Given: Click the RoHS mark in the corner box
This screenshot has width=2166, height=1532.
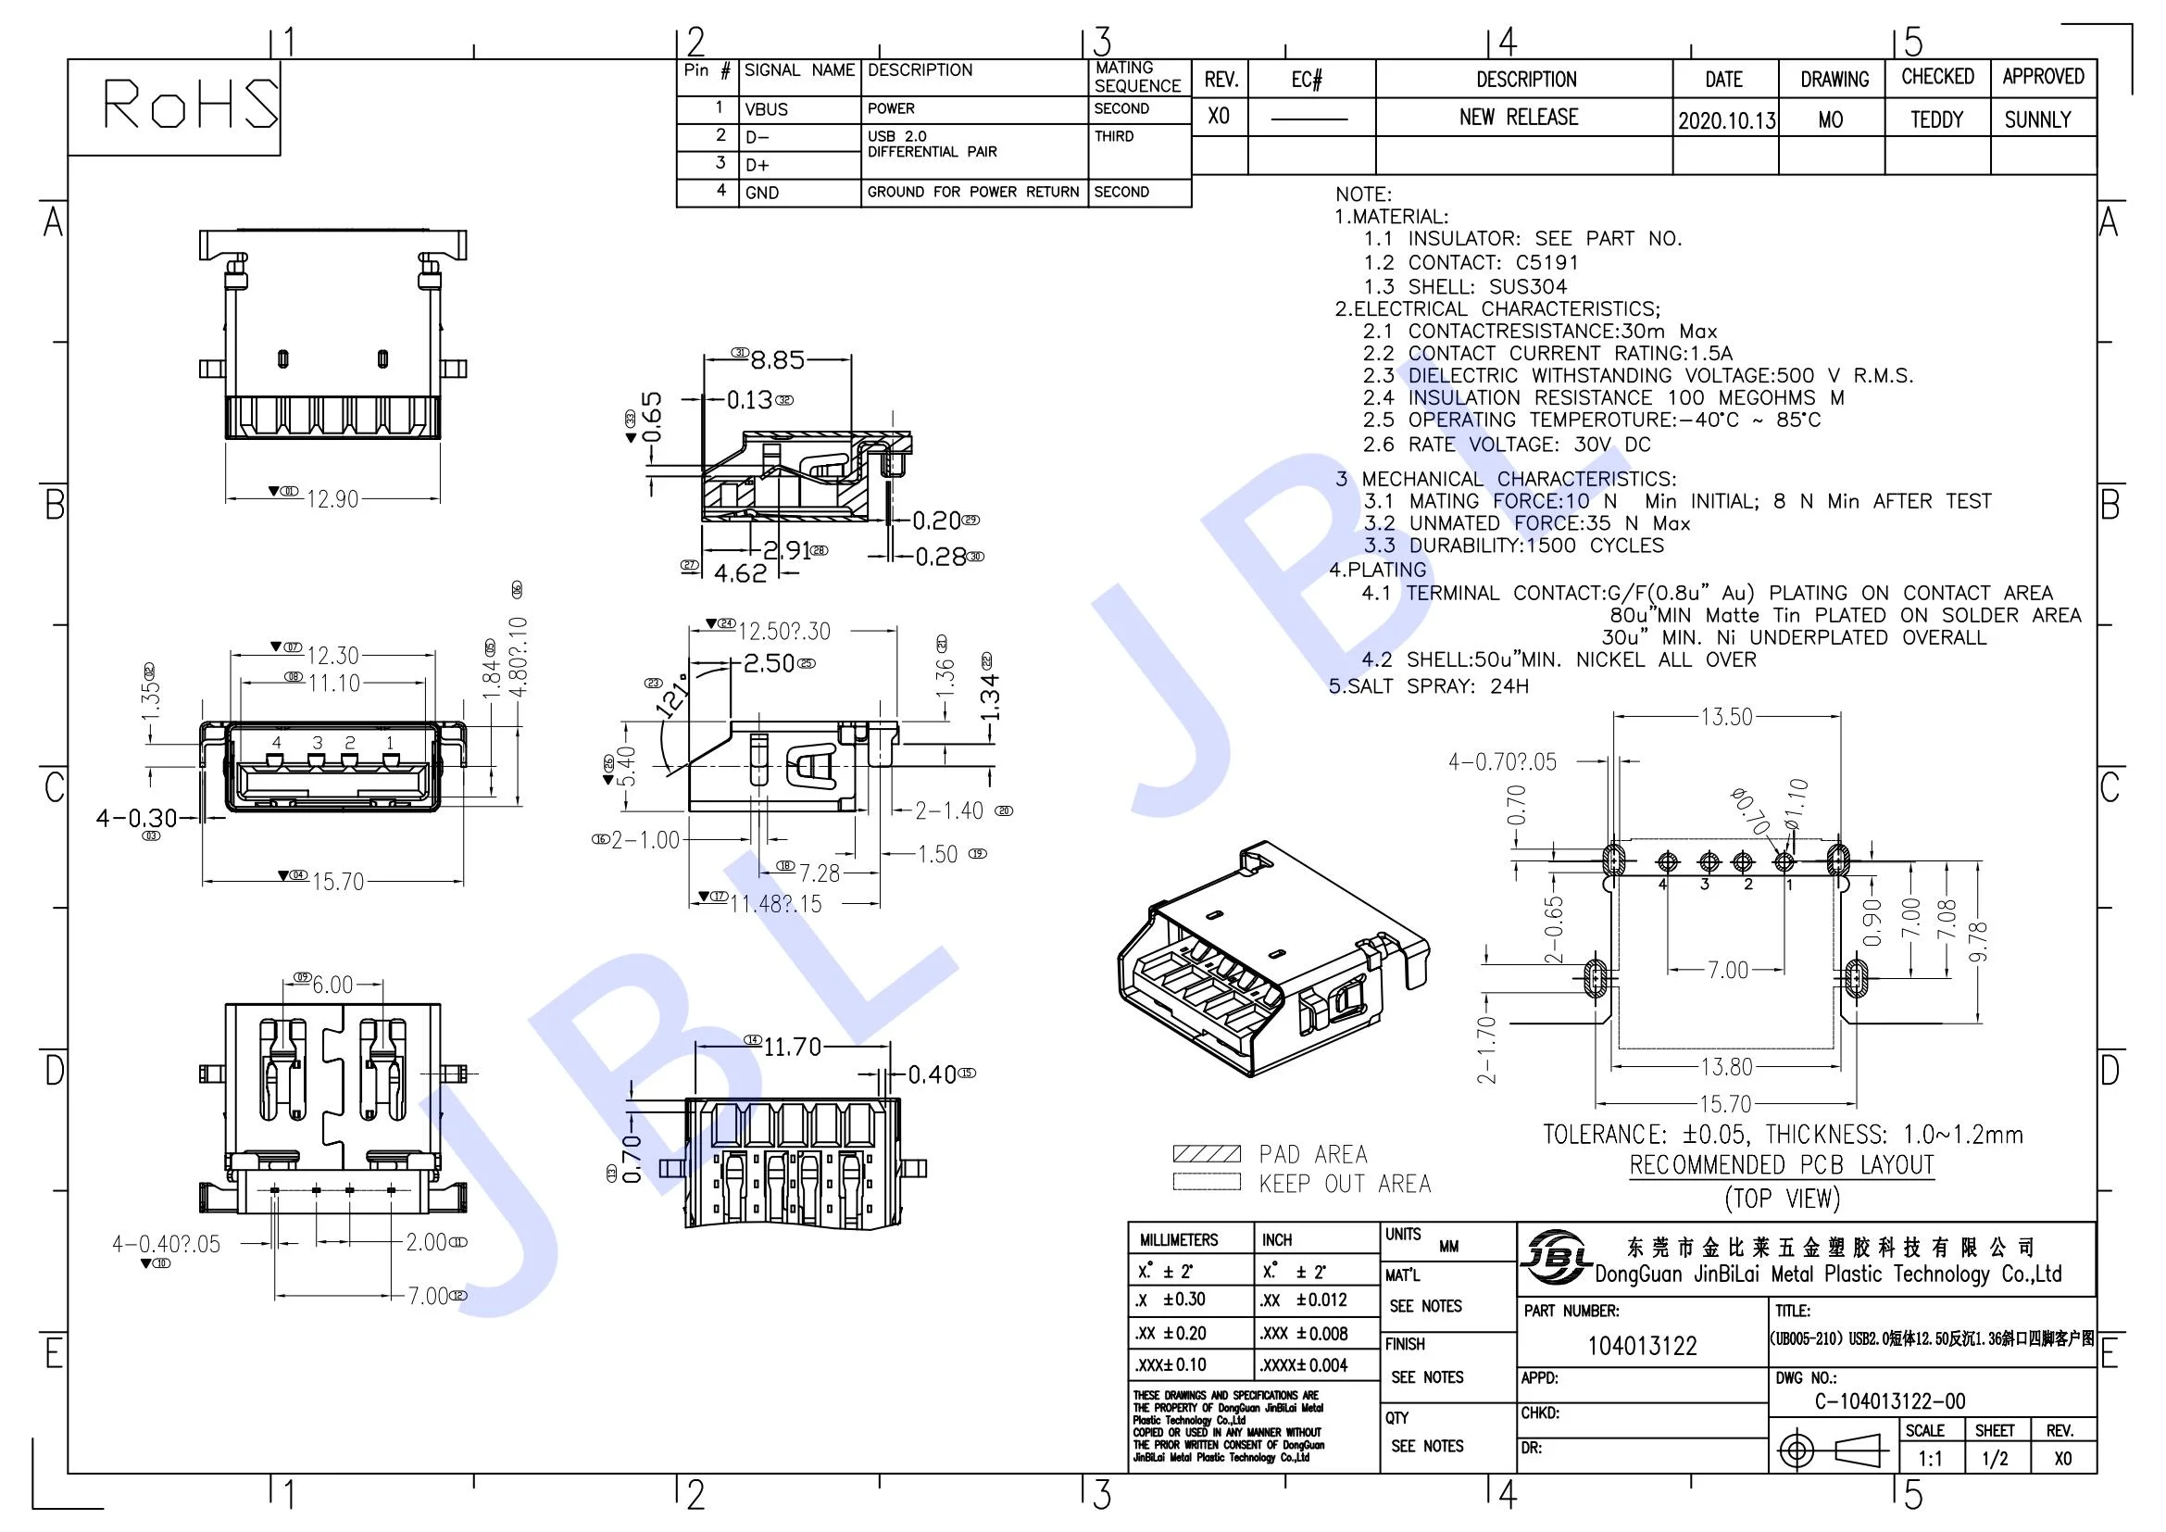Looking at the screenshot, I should click(189, 104).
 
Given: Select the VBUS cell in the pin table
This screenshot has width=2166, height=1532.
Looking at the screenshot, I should click(766, 109).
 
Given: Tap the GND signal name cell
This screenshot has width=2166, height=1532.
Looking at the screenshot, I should click(762, 193).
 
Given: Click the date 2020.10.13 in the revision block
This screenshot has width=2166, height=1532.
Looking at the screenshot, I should click(1725, 120).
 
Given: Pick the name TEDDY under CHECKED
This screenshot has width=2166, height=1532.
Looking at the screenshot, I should click(1935, 119).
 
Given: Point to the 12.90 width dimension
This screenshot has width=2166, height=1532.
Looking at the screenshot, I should click(332, 499).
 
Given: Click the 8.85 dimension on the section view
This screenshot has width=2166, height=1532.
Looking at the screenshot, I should click(777, 359).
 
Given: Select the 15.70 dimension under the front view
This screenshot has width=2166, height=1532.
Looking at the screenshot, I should click(337, 882).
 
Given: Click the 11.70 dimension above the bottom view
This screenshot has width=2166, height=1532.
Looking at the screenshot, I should click(792, 1048).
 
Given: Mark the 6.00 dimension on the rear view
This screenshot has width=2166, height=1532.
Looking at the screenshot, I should click(332, 985).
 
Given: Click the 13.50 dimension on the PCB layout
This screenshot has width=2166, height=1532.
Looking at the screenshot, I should click(1725, 717).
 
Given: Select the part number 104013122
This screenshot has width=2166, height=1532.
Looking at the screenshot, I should click(1642, 1346).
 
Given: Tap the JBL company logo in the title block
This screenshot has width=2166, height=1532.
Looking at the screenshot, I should click(1554, 1257).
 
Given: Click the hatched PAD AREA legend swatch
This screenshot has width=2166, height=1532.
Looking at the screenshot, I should click(1206, 1154).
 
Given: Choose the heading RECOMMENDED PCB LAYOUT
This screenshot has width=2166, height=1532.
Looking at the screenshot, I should click(1781, 1165).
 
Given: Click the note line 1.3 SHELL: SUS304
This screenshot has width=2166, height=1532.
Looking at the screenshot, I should click(1465, 287).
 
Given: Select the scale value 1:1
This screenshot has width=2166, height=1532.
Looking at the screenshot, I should click(1930, 1460).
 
